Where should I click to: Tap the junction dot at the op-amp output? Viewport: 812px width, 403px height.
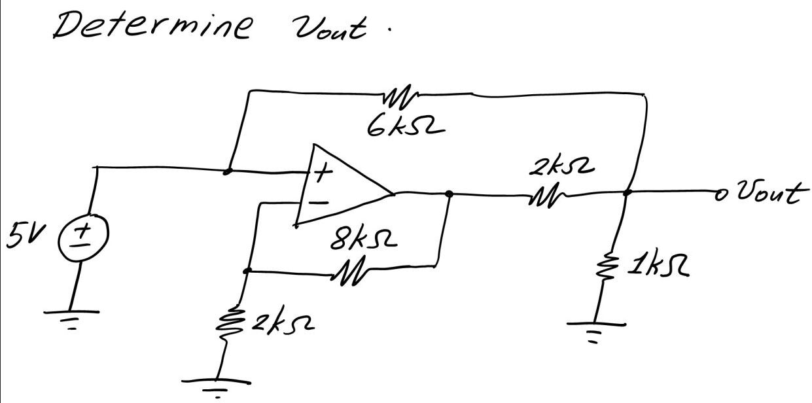click(450, 194)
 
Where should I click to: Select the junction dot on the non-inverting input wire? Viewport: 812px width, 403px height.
click(227, 172)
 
